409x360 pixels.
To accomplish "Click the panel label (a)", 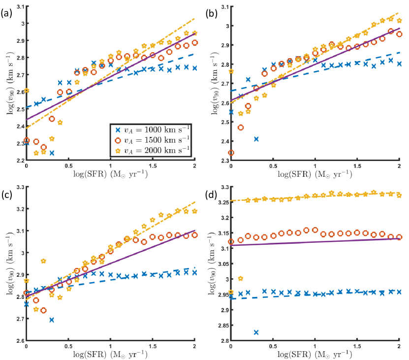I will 7,13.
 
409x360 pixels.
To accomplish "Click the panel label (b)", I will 209,13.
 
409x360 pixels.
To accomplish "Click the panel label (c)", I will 7,193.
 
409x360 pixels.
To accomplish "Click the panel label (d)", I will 209,193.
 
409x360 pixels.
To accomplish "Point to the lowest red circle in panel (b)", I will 231,153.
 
